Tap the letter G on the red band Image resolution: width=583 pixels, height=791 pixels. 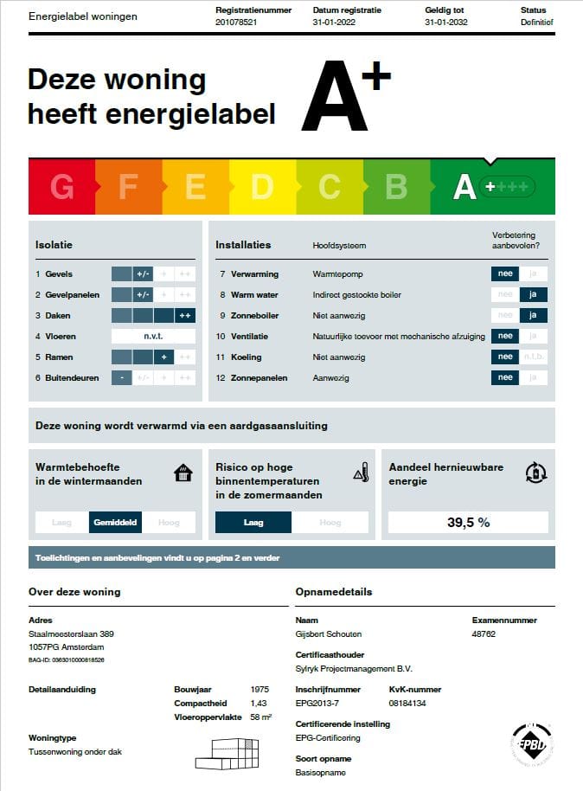[x=61, y=186]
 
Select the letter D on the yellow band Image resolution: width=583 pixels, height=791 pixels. [x=262, y=186]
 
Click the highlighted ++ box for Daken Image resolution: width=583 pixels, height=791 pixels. [x=185, y=316]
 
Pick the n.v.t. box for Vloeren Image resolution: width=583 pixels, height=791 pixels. [x=153, y=337]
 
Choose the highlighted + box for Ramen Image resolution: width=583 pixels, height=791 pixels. [x=164, y=357]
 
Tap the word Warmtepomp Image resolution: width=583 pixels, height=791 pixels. [x=335, y=274]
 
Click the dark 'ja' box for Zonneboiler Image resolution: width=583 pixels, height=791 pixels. [x=534, y=316]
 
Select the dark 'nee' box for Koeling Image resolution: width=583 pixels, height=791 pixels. [x=505, y=357]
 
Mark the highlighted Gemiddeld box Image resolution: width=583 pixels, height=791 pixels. [x=114, y=523]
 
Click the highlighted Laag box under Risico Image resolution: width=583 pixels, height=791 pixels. [x=253, y=523]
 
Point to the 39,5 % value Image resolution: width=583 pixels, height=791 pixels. [x=468, y=523]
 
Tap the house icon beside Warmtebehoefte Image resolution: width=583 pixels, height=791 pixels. [x=183, y=473]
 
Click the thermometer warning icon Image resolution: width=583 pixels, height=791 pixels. [x=362, y=473]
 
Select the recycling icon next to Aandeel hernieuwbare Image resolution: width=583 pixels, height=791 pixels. [x=536, y=473]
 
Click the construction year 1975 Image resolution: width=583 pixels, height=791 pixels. [x=259, y=690]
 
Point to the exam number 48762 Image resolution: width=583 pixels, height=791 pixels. [x=484, y=633]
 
